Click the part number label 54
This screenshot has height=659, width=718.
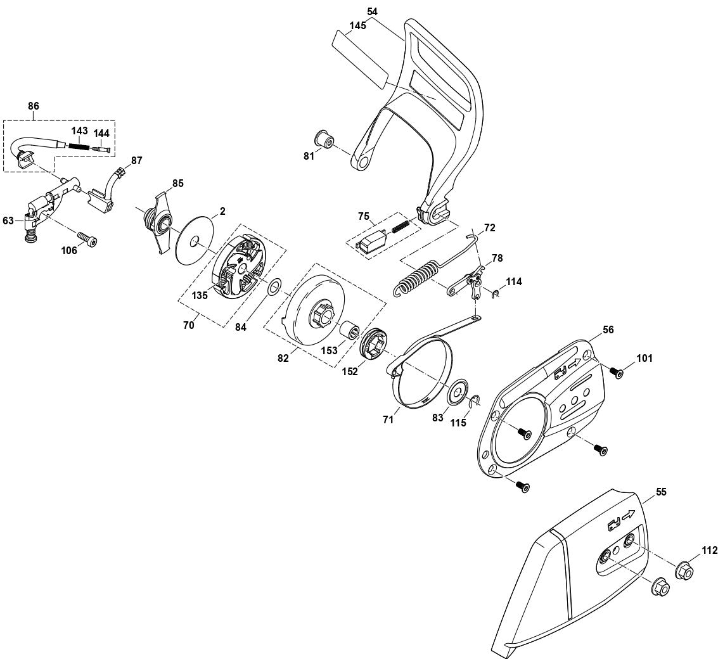pyautogui.click(x=371, y=11)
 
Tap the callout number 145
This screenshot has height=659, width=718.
pyautogui.click(x=358, y=26)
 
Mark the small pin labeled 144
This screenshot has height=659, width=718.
pyautogui.click(x=101, y=150)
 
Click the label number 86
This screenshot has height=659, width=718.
pyautogui.click(x=34, y=106)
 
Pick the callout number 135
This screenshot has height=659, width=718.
pyautogui.click(x=200, y=295)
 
